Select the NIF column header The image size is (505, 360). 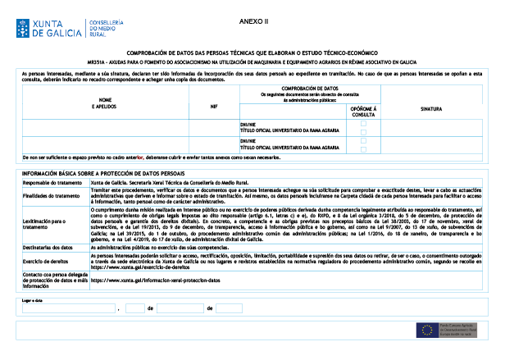(214, 105)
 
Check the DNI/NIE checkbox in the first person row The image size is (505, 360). (363, 123)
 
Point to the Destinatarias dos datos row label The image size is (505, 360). (47, 246)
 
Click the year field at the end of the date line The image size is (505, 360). (230, 308)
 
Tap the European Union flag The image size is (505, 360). (426, 329)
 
